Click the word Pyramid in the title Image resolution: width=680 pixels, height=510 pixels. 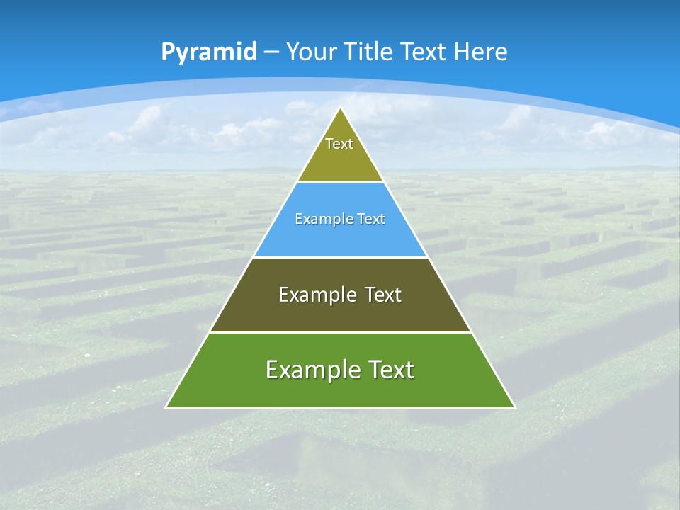click(x=209, y=52)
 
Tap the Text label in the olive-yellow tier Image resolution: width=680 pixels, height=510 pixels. click(x=339, y=144)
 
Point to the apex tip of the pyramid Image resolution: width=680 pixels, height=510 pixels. click(x=341, y=108)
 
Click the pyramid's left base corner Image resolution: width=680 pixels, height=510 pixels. click(x=166, y=407)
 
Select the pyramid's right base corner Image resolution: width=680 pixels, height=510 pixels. click(x=514, y=407)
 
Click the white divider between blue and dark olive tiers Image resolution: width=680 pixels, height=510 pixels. click(x=341, y=257)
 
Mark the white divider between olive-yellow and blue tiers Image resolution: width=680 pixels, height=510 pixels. click(x=341, y=182)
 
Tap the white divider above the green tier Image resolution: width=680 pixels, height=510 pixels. click(x=341, y=332)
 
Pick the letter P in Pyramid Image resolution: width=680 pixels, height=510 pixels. click(x=168, y=52)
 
